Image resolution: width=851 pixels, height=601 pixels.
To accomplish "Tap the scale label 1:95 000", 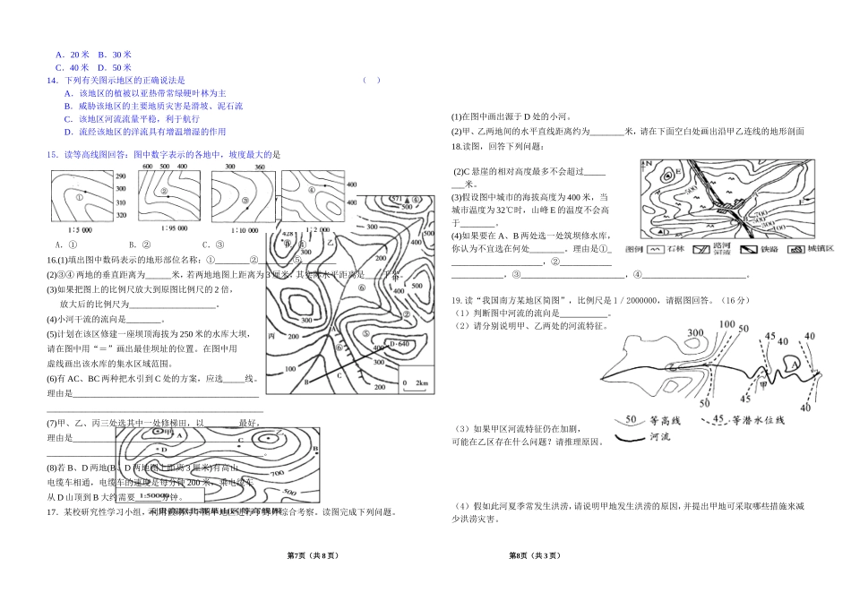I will (x=156, y=228).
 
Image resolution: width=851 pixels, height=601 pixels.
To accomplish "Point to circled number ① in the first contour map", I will (x=81, y=197).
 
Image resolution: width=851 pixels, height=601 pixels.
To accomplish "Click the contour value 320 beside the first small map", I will (x=122, y=216).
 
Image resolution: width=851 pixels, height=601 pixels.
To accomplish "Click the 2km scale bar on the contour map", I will (x=417, y=382).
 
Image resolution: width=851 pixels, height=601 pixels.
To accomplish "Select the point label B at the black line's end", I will (x=307, y=382).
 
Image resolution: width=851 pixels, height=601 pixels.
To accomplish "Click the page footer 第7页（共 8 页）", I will (x=312, y=556).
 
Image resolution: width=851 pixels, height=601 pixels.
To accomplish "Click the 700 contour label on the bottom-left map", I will (x=275, y=472).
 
